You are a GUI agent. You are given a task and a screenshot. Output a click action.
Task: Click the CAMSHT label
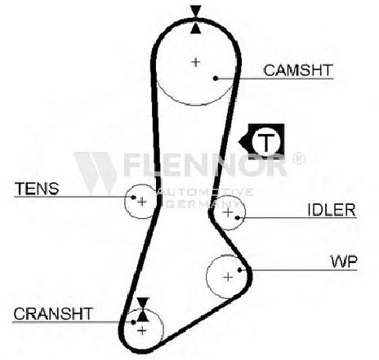pyautogui.click(x=298, y=70)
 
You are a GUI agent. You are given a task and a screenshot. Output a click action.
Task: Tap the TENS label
pyautogui.click(x=37, y=189)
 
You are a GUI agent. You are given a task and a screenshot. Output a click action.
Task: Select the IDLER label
pyautogui.click(x=332, y=210)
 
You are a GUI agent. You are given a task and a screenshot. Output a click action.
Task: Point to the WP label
pyautogui.click(x=344, y=261)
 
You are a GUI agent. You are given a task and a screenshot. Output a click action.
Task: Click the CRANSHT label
pyautogui.click(x=53, y=313)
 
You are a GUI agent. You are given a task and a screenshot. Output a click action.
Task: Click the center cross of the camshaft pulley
pyautogui.click(x=195, y=62)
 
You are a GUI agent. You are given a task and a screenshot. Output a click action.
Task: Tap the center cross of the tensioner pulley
pyautogui.click(x=141, y=202)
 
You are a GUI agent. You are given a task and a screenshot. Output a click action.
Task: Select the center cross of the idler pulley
pyautogui.click(x=228, y=212)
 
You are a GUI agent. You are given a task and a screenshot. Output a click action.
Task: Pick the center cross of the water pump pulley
pyautogui.click(x=228, y=278)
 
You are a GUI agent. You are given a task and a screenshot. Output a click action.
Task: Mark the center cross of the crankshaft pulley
pyautogui.click(x=142, y=331)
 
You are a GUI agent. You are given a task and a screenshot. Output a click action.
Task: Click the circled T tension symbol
pyautogui.click(x=265, y=141)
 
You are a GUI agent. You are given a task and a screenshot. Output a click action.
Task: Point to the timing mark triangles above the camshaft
pyautogui.click(x=196, y=20)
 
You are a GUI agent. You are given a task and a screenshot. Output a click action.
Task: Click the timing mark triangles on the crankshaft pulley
pyautogui.click(x=143, y=309)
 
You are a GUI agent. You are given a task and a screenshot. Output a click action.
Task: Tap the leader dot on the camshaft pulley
pyautogui.click(x=216, y=78)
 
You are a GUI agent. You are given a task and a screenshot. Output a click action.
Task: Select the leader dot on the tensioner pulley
pyautogui.click(x=133, y=197)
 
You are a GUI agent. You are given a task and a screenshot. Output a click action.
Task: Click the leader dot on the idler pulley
pyautogui.click(x=238, y=218)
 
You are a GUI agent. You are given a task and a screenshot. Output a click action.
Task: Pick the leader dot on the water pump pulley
pyautogui.click(x=240, y=269)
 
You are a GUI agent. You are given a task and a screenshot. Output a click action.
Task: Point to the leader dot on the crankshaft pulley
pyautogui.click(x=133, y=322)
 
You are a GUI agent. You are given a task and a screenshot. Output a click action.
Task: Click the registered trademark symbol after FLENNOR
pyautogui.click(x=299, y=158)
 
